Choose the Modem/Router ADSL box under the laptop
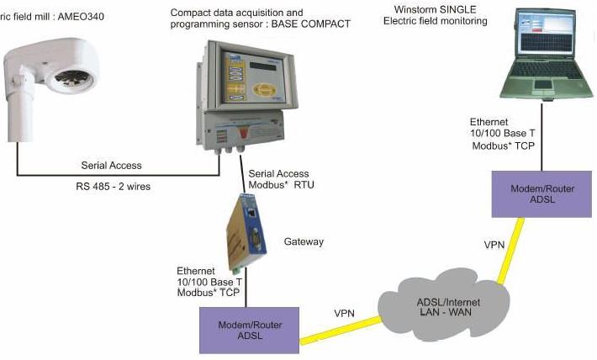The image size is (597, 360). (542, 193)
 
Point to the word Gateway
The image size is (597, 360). (304, 242)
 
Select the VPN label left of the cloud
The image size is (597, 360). (344, 313)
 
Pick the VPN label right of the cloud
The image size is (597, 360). (494, 244)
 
